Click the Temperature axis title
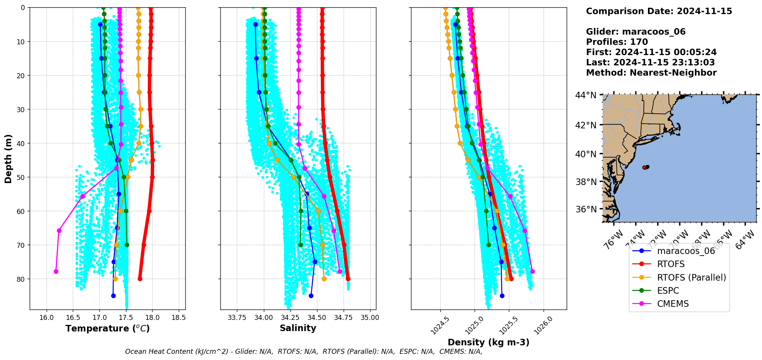(x=107, y=328)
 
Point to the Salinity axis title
(x=298, y=328)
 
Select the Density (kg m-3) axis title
(x=488, y=342)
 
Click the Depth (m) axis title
(x=8, y=158)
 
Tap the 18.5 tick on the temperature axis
(x=178, y=318)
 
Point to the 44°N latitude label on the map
(x=586, y=95)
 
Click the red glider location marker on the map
(x=645, y=167)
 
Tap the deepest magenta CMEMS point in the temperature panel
(x=56, y=271)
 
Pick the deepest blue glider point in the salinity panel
(x=311, y=296)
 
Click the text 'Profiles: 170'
(x=617, y=42)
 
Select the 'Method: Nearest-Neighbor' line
(x=651, y=72)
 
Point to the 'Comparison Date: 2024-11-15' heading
(x=659, y=11)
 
